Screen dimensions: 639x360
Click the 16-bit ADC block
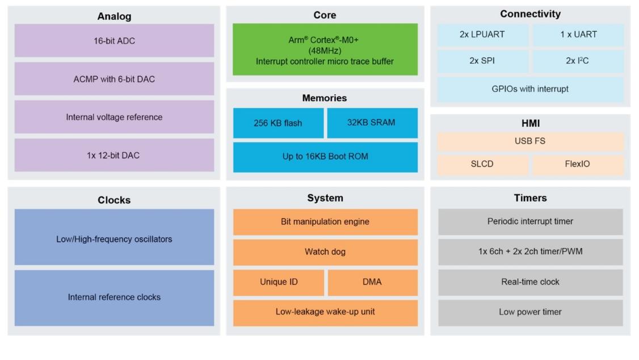[x=114, y=40]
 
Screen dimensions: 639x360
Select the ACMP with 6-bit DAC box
[x=114, y=79]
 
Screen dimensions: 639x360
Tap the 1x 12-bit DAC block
[x=114, y=155]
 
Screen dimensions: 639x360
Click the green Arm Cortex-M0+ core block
[x=325, y=49]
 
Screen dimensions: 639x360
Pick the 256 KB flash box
[x=278, y=123]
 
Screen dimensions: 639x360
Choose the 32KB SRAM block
[x=372, y=123]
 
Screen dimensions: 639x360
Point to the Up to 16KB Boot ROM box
[x=325, y=157]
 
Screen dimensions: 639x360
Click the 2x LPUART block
[x=482, y=35]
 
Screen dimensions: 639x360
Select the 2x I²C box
[x=578, y=61]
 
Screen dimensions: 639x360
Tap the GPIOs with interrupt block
[x=530, y=89]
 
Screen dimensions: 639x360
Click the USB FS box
[x=530, y=141]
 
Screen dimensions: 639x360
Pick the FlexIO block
[x=578, y=164]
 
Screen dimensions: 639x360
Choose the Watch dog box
[x=325, y=252]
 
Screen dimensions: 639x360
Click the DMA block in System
[x=372, y=282]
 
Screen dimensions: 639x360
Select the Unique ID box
[x=278, y=282]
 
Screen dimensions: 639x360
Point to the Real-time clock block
[x=530, y=282]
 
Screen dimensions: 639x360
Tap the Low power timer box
[x=530, y=312]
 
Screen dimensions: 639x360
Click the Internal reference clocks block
[x=114, y=298]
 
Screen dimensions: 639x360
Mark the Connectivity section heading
[x=530, y=14]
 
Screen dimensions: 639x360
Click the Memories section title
[x=325, y=98]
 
